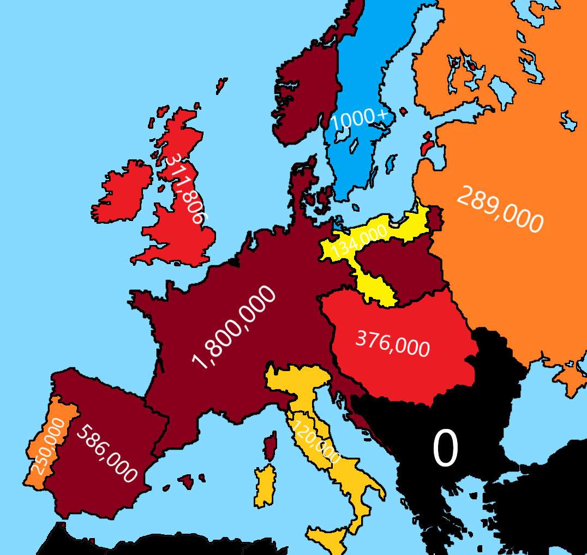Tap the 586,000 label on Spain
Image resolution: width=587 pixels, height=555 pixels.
[x=107, y=453]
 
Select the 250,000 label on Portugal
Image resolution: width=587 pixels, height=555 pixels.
[x=48, y=446]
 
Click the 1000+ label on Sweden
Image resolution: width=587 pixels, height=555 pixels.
[x=360, y=118]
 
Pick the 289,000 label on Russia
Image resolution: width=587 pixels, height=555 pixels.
[x=499, y=208]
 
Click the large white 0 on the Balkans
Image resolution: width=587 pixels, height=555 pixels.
[x=445, y=449]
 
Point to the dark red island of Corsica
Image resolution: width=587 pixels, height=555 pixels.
[x=270, y=445]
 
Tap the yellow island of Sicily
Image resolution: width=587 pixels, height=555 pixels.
[x=327, y=538]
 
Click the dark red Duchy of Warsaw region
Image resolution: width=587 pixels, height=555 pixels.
[x=401, y=267]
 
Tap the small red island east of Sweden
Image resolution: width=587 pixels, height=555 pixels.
[x=428, y=146]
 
